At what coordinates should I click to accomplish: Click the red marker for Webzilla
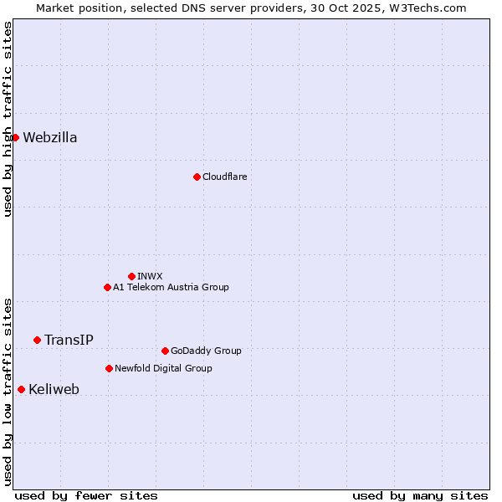coord(15,137)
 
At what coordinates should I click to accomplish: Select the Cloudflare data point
coord(197,177)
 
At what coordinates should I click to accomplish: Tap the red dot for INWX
coord(131,276)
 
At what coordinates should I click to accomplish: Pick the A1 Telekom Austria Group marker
coord(107,287)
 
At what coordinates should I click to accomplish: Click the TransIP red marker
coord(37,340)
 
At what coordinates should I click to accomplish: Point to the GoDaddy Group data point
coord(165,351)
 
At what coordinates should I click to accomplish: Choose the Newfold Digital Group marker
coord(109,368)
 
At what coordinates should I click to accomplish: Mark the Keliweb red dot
coord(21,389)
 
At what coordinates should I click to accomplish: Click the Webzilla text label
coord(50,138)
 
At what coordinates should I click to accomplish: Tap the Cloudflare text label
coord(224,177)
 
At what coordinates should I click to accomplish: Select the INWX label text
coord(150,277)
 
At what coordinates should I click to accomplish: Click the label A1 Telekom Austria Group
coord(171,288)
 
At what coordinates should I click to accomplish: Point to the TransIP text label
coord(69,341)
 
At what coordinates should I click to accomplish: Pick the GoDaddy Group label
coord(206,351)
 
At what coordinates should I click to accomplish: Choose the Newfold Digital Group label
coord(163,369)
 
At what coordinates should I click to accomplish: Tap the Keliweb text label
coord(54,390)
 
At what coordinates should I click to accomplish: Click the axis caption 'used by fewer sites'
coord(86,495)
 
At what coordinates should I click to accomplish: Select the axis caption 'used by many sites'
coord(420,495)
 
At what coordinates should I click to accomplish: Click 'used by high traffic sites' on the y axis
coord(8,119)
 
